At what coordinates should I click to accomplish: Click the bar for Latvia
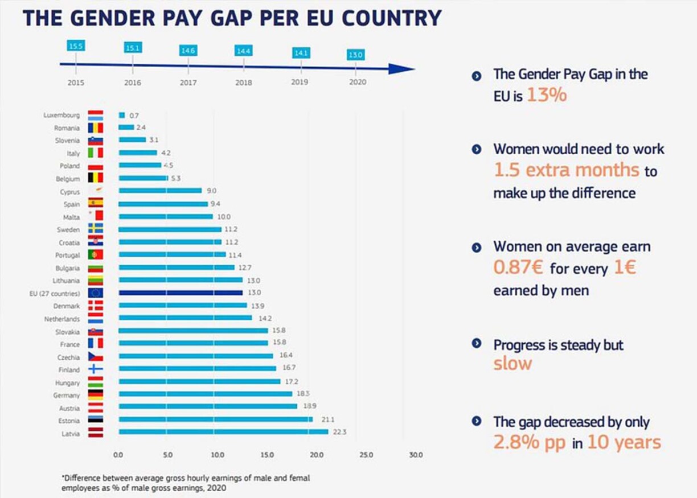click(223, 432)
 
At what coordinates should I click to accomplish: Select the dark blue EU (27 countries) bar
click(181, 293)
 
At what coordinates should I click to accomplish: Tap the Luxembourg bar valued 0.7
click(122, 116)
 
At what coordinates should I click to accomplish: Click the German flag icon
click(96, 394)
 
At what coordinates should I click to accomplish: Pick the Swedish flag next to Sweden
click(96, 229)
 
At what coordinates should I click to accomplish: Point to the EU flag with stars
click(96, 293)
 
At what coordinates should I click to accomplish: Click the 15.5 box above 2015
click(76, 47)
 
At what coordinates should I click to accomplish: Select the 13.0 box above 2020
click(356, 55)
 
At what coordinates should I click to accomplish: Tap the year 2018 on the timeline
click(244, 83)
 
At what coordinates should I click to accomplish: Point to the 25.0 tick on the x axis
click(366, 455)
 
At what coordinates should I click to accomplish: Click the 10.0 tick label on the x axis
click(218, 455)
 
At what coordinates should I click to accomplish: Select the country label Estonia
click(69, 421)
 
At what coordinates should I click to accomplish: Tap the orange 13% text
click(547, 96)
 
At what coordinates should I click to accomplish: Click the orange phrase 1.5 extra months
click(566, 170)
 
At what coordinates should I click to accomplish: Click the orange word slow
click(512, 364)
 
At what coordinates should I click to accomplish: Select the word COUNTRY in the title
click(392, 18)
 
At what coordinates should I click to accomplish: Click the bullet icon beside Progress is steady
click(477, 344)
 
